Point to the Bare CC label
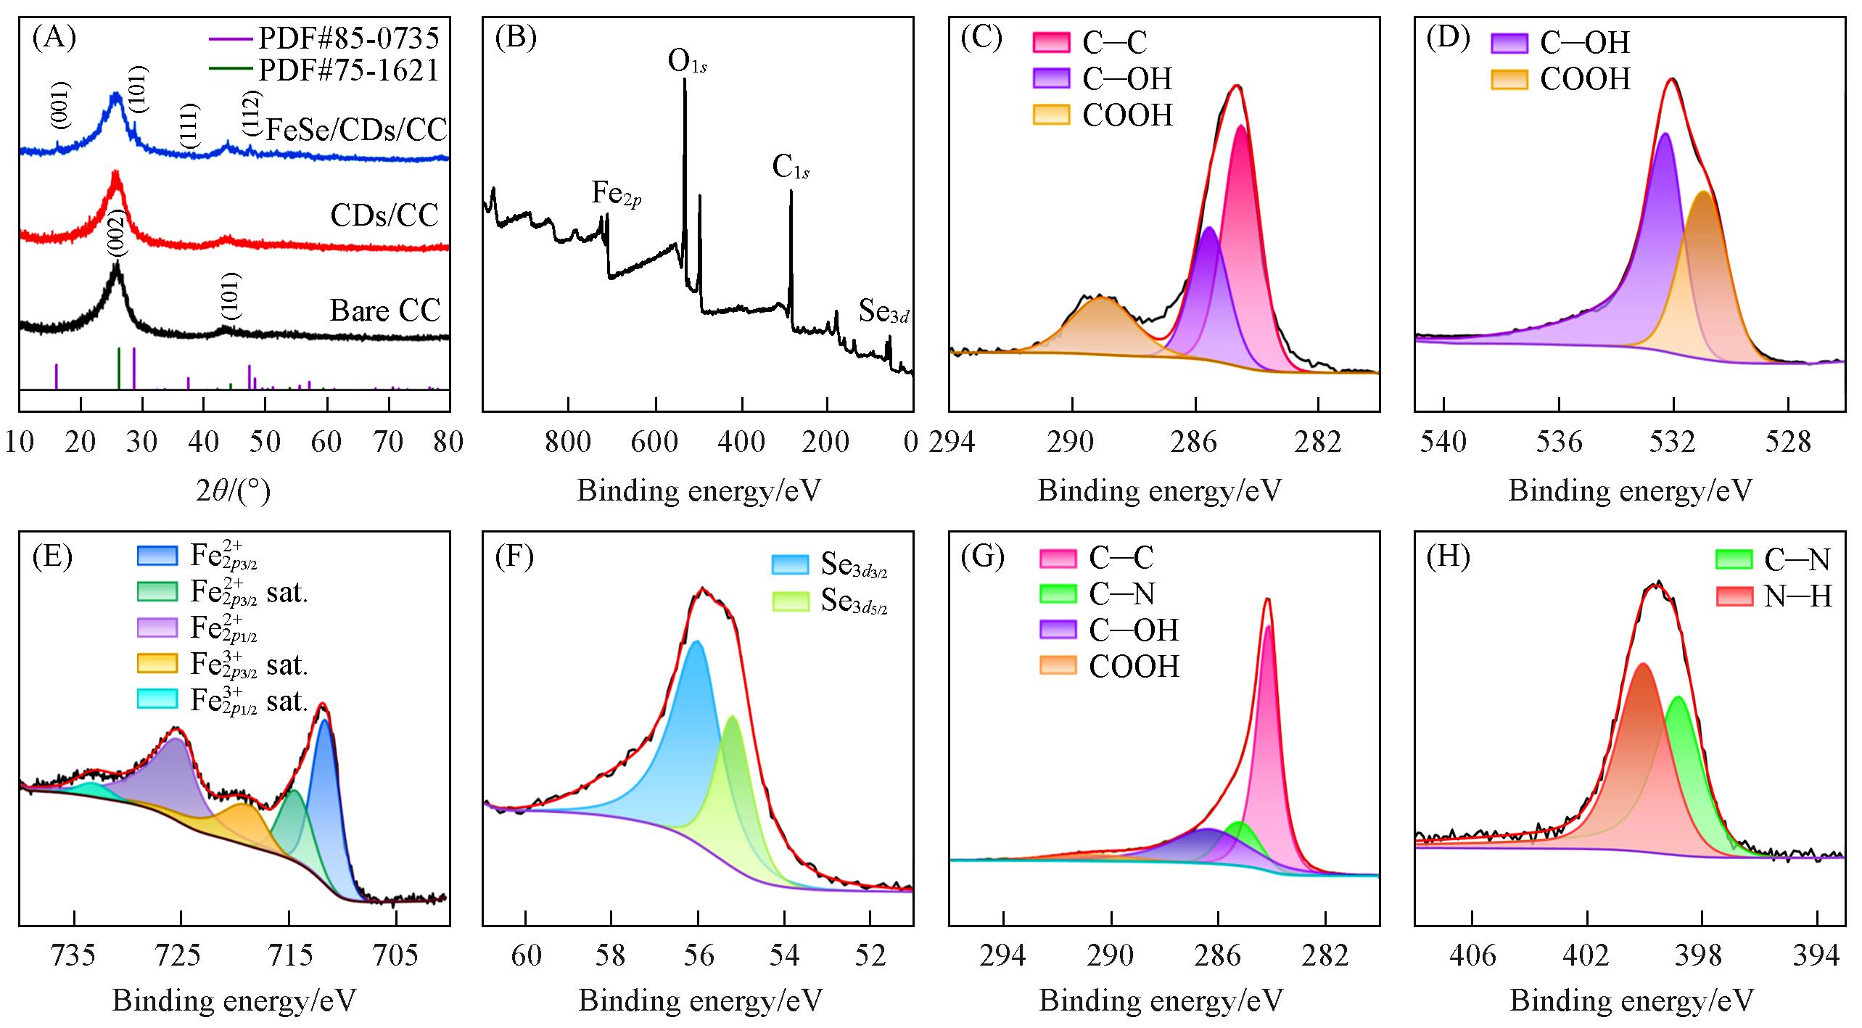385,311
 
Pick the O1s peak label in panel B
687,63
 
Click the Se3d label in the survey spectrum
883,311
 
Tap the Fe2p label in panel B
616,193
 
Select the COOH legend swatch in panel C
1051,115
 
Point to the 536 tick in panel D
1559,442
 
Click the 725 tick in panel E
181,955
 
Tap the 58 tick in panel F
611,955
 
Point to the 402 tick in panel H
1586,955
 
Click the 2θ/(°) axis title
234,492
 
